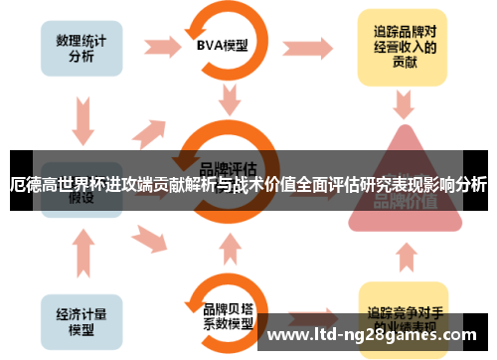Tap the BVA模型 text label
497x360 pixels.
(224, 46)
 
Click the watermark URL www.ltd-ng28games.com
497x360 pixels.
(377, 334)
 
